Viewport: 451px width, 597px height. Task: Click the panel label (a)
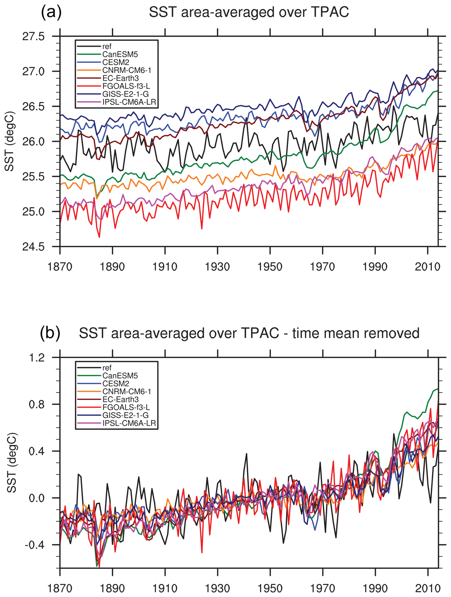tap(51, 12)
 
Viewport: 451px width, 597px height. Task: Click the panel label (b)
tap(50, 333)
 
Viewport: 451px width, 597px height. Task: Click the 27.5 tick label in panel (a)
tap(33, 36)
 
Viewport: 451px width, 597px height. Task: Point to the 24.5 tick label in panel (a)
tap(33, 247)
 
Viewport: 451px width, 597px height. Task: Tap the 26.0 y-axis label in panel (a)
tap(33, 142)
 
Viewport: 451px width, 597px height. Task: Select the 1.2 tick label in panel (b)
tap(37, 358)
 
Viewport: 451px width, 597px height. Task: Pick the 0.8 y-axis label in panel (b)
tap(37, 405)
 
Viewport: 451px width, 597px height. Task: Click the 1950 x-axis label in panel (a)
tap(270, 267)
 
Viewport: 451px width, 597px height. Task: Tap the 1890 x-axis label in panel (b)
tap(112, 588)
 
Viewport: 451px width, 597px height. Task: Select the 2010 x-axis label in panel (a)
tap(427, 267)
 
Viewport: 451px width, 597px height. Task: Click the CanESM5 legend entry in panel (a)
tap(120, 55)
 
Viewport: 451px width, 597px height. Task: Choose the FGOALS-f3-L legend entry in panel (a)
tap(126, 86)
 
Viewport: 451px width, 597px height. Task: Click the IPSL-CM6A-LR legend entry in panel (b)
tap(129, 423)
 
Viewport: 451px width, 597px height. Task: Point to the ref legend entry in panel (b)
tap(107, 368)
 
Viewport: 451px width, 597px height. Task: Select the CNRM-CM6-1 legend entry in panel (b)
tap(127, 392)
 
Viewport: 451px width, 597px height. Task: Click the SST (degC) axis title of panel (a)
tap(10, 141)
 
